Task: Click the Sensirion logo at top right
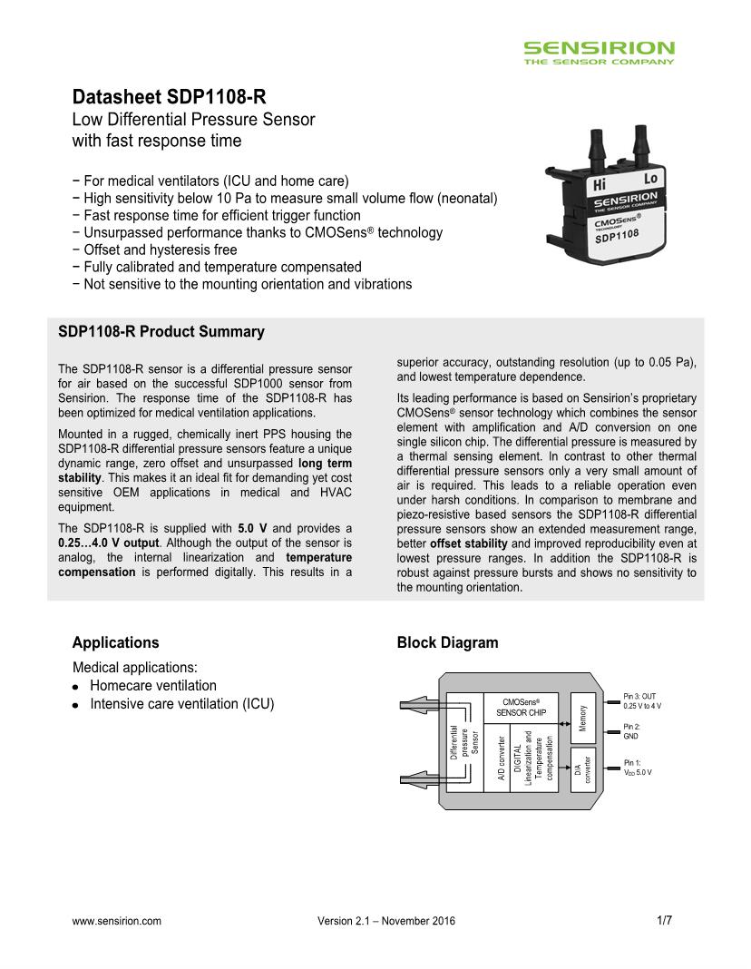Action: [599, 52]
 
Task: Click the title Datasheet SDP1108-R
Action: [169, 97]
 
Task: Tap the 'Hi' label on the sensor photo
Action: [599, 185]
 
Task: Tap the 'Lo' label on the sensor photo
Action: [650, 180]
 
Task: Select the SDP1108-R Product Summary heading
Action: [161, 332]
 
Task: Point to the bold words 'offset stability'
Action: [468, 543]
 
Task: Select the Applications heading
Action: [115, 642]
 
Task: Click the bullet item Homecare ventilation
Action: [152, 686]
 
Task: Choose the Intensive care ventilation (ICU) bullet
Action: [181, 704]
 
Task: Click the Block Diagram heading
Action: [447, 642]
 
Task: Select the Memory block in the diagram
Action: [582, 717]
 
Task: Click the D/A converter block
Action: [581, 769]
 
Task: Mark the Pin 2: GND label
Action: [631, 731]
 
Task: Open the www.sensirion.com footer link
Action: [116, 921]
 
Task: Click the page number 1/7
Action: [664, 920]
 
